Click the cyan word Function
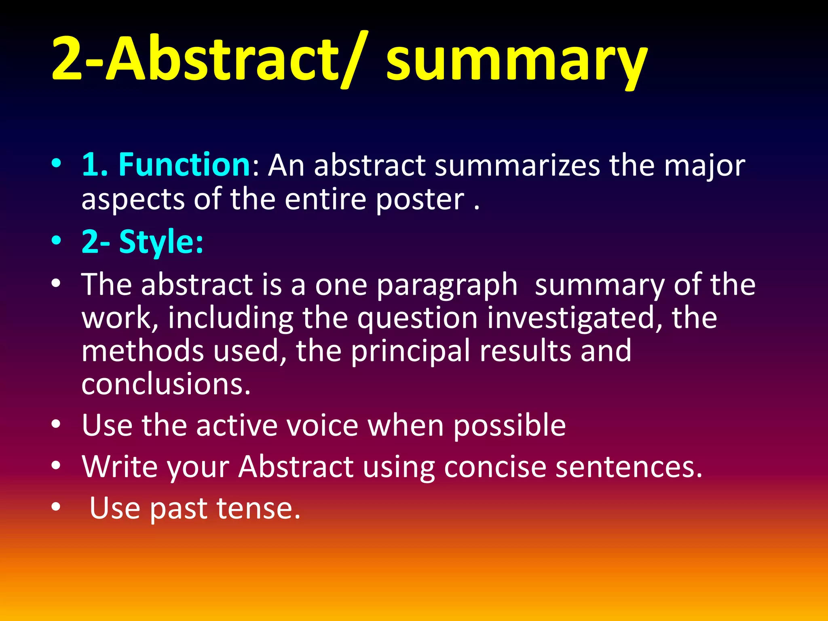point(184,165)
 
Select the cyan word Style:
point(161,242)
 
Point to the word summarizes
point(517,166)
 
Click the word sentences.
point(629,467)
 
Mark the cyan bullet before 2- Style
point(56,241)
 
